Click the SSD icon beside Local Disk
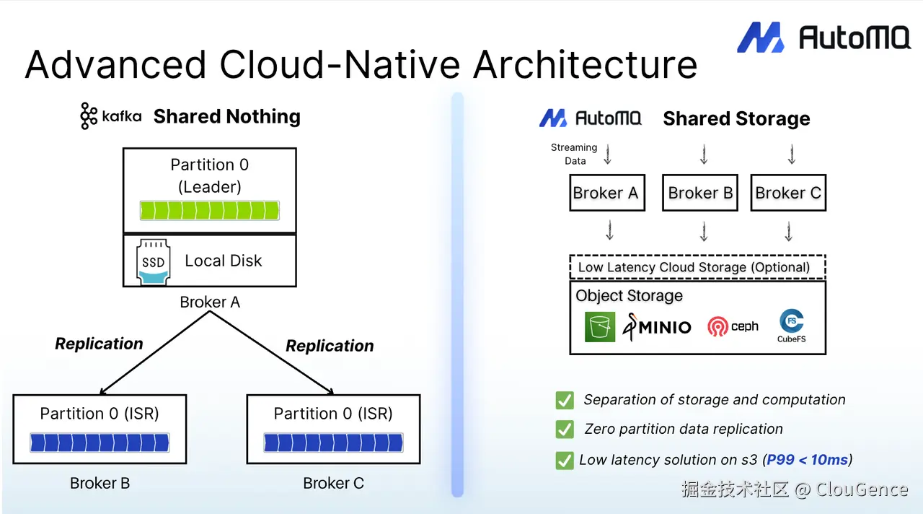pyautogui.click(x=154, y=262)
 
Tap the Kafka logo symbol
pyautogui.click(x=89, y=116)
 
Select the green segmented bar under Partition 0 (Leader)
pyautogui.click(x=209, y=210)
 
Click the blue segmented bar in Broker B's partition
pyautogui.click(x=100, y=443)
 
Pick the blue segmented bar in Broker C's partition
pyautogui.click(x=333, y=443)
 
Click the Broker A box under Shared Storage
pyautogui.click(x=607, y=193)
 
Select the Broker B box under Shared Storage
pyautogui.click(x=699, y=193)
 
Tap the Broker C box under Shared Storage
pyautogui.click(x=788, y=193)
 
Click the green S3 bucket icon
pyautogui.click(x=600, y=327)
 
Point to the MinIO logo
pyautogui.click(x=657, y=327)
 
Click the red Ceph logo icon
pyautogui.click(x=717, y=327)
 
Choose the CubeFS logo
pyautogui.click(x=792, y=326)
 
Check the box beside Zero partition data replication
pyautogui.click(x=565, y=429)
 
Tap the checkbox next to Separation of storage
pyautogui.click(x=565, y=400)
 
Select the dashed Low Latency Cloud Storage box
pyautogui.click(x=697, y=267)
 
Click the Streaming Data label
pyautogui.click(x=574, y=154)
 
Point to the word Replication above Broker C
pyautogui.click(x=330, y=346)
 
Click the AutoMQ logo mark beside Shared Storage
pyautogui.click(x=553, y=118)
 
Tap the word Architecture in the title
pyautogui.click(x=585, y=64)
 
